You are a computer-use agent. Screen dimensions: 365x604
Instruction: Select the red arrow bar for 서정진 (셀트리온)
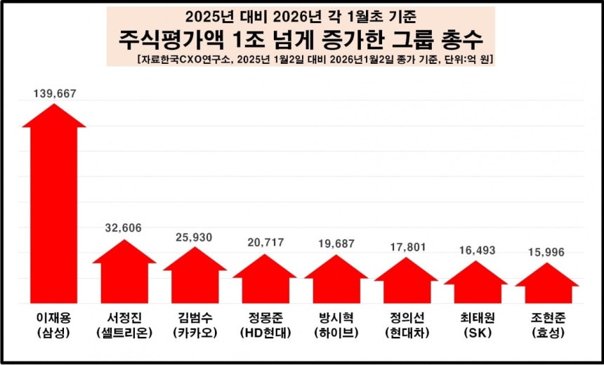point(124,277)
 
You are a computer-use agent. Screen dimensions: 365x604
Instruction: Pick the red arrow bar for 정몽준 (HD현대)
point(265,283)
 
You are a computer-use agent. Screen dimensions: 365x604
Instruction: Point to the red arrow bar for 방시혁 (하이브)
point(336,284)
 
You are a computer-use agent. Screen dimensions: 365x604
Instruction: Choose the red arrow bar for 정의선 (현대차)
point(406,284)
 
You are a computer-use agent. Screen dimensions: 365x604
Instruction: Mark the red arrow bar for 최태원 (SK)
point(476,286)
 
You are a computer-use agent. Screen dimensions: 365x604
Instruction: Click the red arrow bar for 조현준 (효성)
point(546,286)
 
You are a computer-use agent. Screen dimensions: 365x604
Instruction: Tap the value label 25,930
point(195,237)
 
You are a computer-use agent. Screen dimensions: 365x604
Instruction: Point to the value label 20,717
point(265,243)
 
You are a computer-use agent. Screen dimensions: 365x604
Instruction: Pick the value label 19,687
point(336,244)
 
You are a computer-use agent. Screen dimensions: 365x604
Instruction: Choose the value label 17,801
point(406,246)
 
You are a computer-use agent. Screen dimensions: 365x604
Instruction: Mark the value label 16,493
point(476,250)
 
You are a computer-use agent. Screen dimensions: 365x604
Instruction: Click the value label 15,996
point(546,251)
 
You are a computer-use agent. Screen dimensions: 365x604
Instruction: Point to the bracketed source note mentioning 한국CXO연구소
point(316,60)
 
